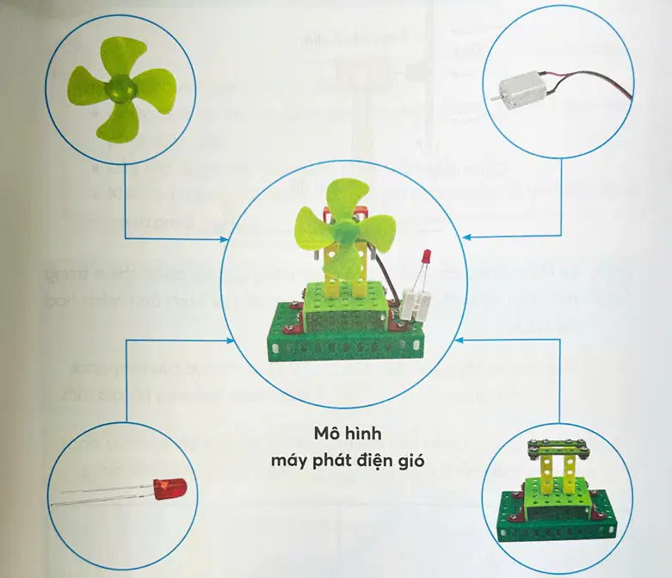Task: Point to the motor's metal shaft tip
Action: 492,99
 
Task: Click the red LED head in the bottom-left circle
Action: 170,489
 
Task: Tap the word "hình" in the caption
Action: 363,433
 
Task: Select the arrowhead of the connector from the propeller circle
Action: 225,238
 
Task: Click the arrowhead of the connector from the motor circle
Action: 468,236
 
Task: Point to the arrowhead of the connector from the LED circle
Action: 231,341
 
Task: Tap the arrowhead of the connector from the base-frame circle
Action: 459,341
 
